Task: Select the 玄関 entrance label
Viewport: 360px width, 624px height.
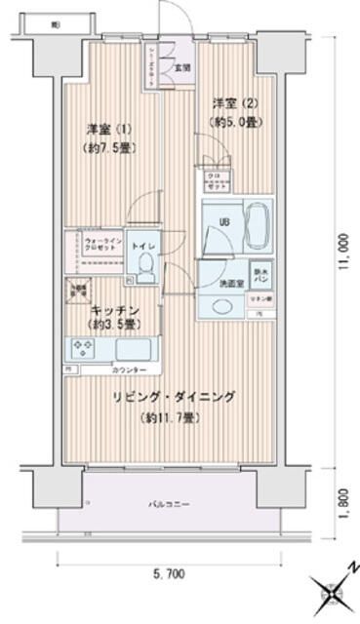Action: [182, 68]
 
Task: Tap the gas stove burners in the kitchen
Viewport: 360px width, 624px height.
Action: [80, 347]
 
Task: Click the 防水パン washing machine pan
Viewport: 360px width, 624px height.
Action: [260, 276]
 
